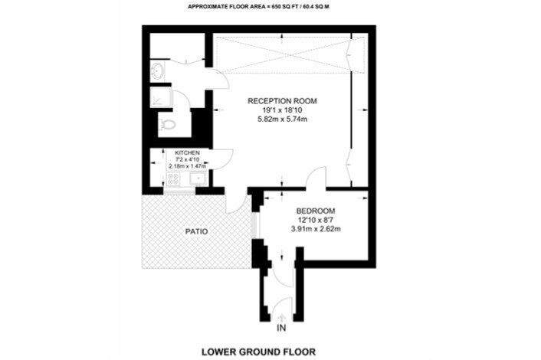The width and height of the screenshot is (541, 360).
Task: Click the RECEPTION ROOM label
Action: (282, 101)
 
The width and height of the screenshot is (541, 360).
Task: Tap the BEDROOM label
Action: (316, 211)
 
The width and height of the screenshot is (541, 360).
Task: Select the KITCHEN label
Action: (187, 152)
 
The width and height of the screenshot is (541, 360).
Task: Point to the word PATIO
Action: (197, 231)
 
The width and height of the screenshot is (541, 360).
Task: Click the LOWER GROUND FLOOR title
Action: (258, 352)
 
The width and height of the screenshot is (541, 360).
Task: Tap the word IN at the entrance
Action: (281, 328)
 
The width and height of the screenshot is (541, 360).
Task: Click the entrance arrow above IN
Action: (282, 317)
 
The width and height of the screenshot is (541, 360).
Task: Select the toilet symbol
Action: (167, 124)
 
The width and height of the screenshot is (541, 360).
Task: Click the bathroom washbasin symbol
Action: (157, 71)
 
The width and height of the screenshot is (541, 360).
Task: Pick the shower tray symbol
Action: (159, 97)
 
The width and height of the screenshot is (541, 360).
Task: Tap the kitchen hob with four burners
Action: (172, 178)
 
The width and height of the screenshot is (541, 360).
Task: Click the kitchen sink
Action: (198, 178)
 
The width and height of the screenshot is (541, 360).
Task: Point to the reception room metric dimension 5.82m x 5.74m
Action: (283, 119)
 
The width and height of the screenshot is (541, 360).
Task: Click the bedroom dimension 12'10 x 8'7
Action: (316, 220)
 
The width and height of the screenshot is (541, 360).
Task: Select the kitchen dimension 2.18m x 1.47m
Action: (187, 166)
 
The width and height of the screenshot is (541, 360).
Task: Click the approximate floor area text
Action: (258, 6)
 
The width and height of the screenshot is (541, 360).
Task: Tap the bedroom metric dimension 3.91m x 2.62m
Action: (316, 228)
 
